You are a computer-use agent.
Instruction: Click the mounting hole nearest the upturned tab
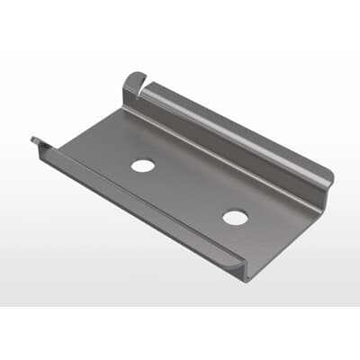click(142, 166)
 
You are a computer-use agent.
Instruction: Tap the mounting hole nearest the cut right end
click(235, 218)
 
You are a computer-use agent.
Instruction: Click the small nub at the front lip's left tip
click(35, 139)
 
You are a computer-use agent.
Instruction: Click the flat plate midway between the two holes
click(187, 191)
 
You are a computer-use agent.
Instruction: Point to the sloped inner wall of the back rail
click(225, 144)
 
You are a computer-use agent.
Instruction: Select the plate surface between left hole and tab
click(130, 135)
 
